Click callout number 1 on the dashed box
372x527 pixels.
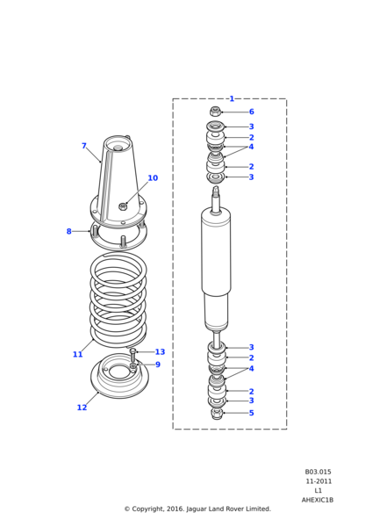[x=232, y=98]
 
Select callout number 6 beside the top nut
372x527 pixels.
[x=252, y=112]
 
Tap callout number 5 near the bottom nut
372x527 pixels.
[x=252, y=413]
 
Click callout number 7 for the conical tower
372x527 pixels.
[x=84, y=146]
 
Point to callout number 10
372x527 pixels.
[x=153, y=177]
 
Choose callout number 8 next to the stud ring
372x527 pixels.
[x=68, y=231]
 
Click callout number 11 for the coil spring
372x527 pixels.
[x=77, y=354]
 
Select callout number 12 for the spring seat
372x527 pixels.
[x=82, y=408]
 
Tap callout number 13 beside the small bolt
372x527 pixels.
[x=161, y=351]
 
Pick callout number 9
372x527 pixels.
[x=158, y=365]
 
